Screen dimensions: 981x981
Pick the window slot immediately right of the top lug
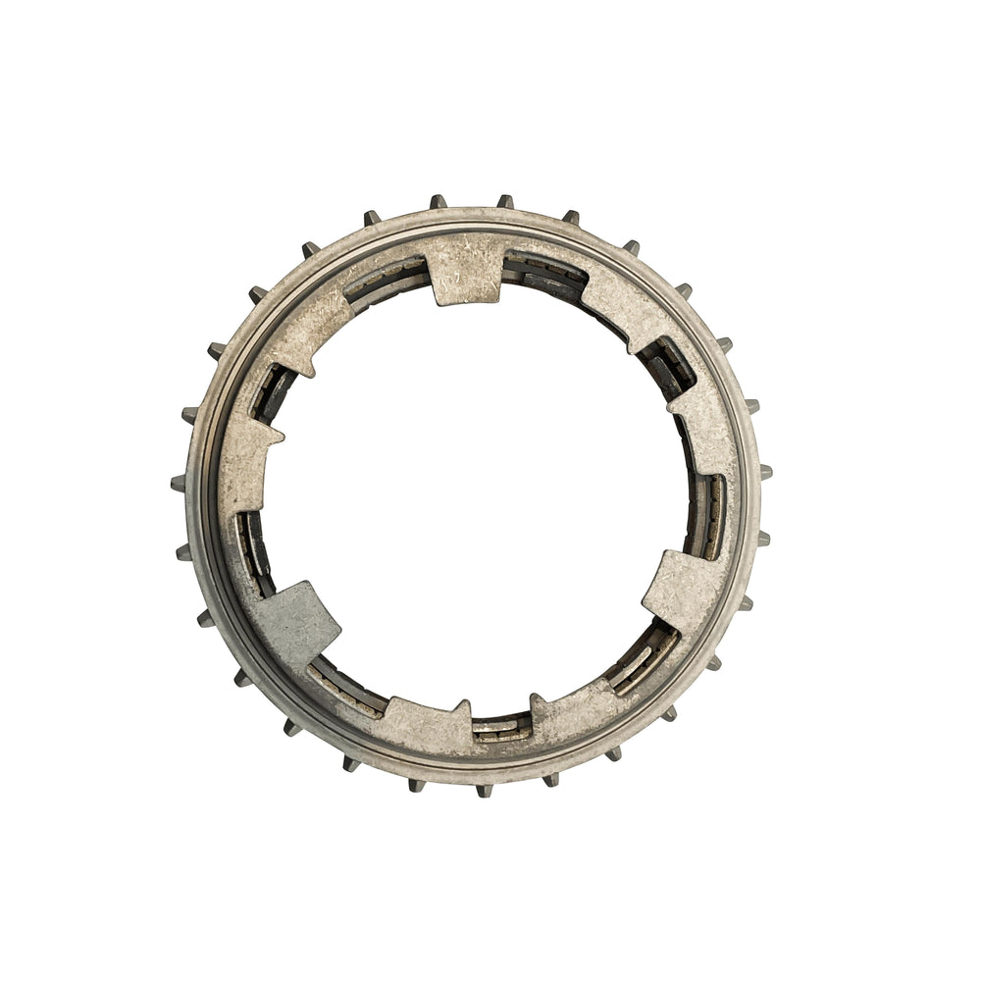(x=544, y=272)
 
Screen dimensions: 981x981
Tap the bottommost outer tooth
(x=484, y=789)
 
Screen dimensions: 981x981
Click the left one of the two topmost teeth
(x=438, y=202)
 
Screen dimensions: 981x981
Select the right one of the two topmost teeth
(x=504, y=201)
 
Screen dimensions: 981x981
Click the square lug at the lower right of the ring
(x=683, y=590)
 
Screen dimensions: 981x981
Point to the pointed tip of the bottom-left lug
(x=464, y=704)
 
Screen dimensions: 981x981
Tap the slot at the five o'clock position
(x=644, y=656)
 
